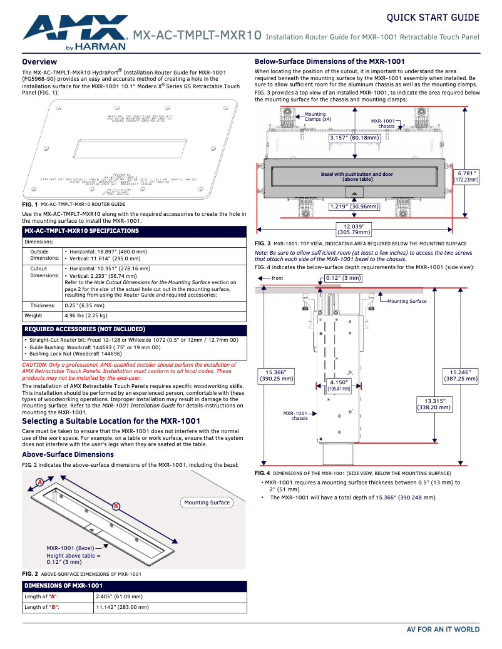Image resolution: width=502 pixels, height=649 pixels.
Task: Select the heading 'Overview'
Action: coord(39,62)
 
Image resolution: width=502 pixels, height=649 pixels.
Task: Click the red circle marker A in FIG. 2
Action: coord(39,482)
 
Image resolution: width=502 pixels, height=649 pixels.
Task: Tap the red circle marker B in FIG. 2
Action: coord(116,506)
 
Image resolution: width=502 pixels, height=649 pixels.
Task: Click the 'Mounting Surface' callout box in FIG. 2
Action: coord(207,503)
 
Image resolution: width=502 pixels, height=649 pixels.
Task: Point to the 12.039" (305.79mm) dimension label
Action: coord(354,229)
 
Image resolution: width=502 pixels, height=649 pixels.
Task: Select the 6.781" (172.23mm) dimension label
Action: coord(466,176)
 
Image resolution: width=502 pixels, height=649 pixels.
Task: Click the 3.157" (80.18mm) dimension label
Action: coord(354,138)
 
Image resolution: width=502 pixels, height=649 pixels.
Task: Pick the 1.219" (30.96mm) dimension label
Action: coord(354,206)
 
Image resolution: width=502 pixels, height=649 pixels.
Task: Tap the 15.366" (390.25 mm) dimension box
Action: coord(277,376)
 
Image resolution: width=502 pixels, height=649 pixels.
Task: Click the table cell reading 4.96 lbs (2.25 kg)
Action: coord(86,316)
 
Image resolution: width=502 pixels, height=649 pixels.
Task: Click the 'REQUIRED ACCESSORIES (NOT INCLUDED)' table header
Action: coord(85,329)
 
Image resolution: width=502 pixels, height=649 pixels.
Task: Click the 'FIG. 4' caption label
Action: coord(262,473)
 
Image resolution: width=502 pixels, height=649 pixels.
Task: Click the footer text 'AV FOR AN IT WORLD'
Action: coord(443,630)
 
